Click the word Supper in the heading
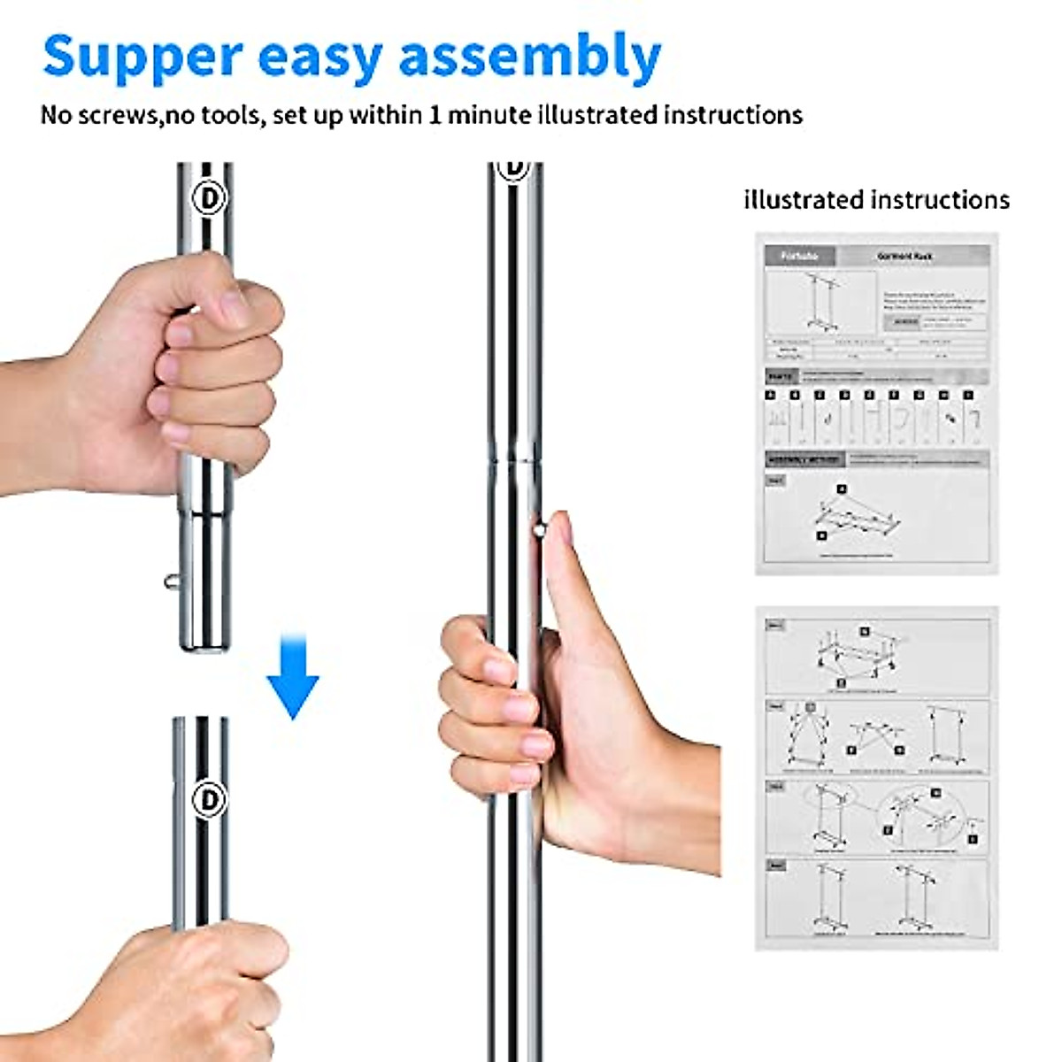142,57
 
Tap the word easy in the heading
319,57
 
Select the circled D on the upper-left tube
211,197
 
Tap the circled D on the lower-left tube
209,799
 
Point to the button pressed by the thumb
538,530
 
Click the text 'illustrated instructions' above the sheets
876,200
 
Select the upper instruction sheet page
876,403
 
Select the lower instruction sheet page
876,779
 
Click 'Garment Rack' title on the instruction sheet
904,256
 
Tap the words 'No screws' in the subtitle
97,115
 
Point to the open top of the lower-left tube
201,722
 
